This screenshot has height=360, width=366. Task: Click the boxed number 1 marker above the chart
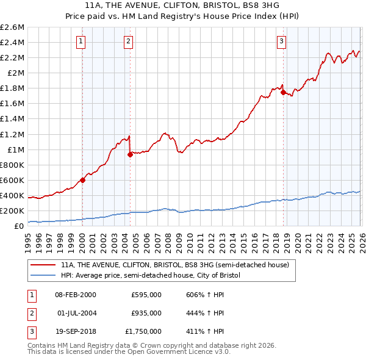pyautogui.click(x=82, y=41)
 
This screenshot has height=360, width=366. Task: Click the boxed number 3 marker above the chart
pyautogui.click(x=281, y=41)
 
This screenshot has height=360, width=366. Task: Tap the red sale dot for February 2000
pyautogui.click(x=82, y=180)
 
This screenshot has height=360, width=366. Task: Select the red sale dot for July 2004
pyautogui.click(x=130, y=154)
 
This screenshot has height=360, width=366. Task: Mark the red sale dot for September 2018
pyautogui.click(x=283, y=92)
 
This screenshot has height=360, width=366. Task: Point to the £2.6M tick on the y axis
pyautogui.click(x=13, y=27)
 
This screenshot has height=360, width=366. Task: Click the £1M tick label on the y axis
pyautogui.click(x=15, y=149)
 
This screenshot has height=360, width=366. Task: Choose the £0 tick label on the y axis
pyautogui.click(x=18, y=226)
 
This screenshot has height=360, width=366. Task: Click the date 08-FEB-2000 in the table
pyautogui.click(x=76, y=295)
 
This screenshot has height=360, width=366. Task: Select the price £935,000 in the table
pyautogui.click(x=146, y=313)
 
